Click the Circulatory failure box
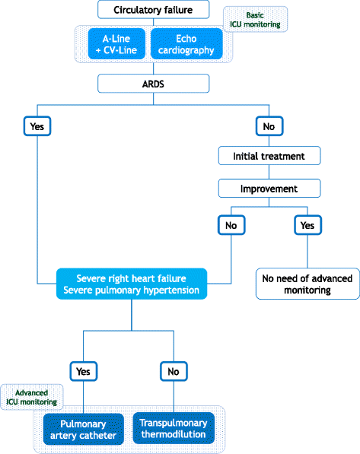pos(153,10)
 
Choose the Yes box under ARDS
pos(37,125)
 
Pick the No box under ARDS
pos(268,125)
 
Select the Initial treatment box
pos(268,156)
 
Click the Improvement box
pos(268,187)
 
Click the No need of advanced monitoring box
pos(307,284)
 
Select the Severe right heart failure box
pos(131,284)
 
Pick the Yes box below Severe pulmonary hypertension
pos(83,371)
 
